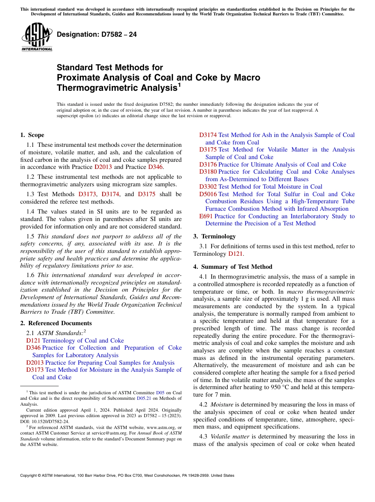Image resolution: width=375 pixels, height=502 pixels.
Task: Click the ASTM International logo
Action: pos(37,37)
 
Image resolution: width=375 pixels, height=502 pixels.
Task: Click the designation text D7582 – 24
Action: pos(97,34)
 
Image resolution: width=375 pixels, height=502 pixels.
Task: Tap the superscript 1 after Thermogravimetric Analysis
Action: pos(179,84)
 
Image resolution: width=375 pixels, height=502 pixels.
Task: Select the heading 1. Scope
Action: pos(32,135)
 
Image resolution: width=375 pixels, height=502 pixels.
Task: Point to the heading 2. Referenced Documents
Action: pos(56,323)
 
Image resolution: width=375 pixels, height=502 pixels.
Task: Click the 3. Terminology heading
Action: pos(214,236)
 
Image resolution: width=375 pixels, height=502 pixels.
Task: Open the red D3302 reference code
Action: pos(208,187)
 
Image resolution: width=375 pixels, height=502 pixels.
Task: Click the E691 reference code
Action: pos(206,216)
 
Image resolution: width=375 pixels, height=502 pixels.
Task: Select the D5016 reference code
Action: pos(208,194)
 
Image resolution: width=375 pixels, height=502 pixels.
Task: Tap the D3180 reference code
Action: pos(208,172)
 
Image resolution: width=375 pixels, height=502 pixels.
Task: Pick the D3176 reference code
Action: pos(208,165)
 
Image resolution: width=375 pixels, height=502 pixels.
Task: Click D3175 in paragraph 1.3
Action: pos(146,194)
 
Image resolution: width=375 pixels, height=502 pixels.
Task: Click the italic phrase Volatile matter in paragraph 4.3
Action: pos(228,436)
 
